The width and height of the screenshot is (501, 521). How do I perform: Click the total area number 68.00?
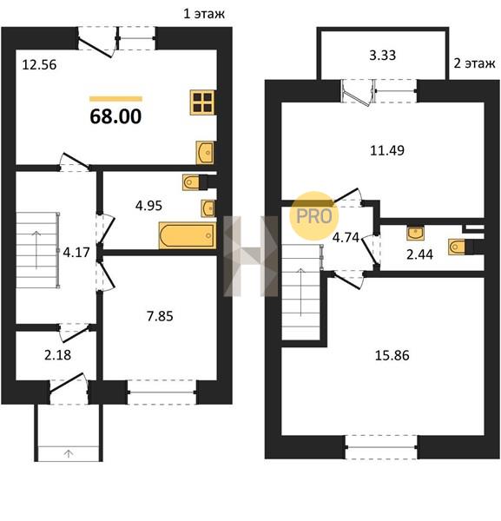click(x=115, y=116)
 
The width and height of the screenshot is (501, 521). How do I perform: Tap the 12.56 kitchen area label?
click(x=39, y=65)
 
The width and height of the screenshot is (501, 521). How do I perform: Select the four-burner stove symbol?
click(x=202, y=102)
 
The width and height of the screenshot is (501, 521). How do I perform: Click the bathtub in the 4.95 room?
click(x=188, y=235)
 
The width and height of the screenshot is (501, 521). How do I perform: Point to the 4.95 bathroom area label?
click(x=148, y=206)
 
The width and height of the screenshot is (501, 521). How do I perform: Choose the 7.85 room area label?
click(x=160, y=316)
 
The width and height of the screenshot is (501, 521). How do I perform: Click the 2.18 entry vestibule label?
click(x=57, y=355)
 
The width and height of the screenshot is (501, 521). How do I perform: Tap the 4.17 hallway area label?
click(x=76, y=253)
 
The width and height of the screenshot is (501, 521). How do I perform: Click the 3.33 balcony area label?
click(x=382, y=56)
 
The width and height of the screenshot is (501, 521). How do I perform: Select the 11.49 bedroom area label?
click(x=387, y=150)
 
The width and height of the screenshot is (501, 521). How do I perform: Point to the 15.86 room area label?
click(x=392, y=355)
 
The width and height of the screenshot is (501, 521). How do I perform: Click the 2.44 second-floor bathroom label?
click(x=419, y=254)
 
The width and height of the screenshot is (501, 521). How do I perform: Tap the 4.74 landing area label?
click(x=346, y=238)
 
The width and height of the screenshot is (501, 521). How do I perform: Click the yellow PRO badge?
click(x=314, y=216)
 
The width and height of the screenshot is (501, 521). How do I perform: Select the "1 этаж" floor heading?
click(x=204, y=14)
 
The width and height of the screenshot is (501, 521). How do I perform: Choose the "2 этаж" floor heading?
click(x=474, y=63)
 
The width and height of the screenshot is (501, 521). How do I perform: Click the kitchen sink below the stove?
click(x=205, y=153)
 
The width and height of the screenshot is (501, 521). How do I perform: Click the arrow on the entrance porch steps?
click(x=69, y=453)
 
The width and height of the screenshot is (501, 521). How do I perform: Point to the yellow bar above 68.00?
click(x=116, y=99)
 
